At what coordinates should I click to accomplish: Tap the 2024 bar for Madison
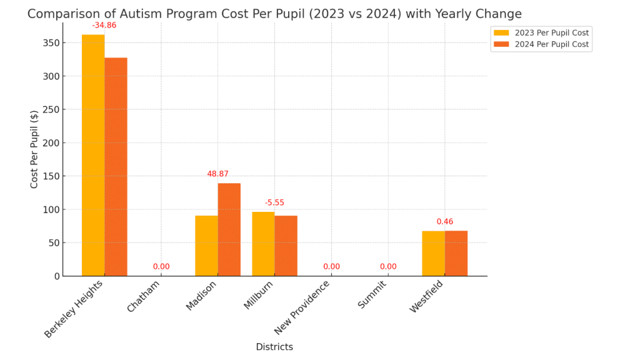[x=229, y=229]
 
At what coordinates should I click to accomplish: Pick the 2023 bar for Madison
[x=206, y=246]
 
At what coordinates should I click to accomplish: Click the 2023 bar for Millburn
[x=263, y=244]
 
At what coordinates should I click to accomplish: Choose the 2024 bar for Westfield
[x=456, y=253]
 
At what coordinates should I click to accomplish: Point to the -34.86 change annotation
[x=104, y=26]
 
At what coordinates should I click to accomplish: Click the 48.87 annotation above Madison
[x=218, y=174]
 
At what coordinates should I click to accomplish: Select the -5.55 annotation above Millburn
[x=274, y=203]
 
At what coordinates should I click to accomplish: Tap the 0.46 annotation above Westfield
[x=445, y=222]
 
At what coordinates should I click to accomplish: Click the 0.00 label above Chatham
[x=161, y=267]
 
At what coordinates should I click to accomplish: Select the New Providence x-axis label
[x=302, y=307]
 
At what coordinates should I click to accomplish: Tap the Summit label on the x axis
[x=372, y=295]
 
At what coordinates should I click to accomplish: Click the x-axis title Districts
[x=274, y=347]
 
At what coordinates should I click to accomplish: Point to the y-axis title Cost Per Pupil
[x=34, y=149]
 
